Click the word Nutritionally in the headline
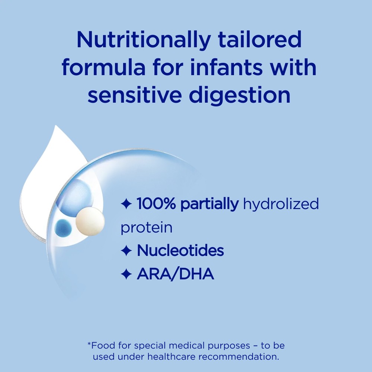144,40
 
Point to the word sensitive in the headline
135,94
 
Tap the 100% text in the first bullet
156,203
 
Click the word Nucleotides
180,250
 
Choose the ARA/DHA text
175,274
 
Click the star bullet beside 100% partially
126,204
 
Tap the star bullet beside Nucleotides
126,250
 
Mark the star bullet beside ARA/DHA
126,274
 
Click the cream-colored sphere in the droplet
90,221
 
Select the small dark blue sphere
63,228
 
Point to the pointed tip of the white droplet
56,126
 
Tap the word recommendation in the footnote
239,357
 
